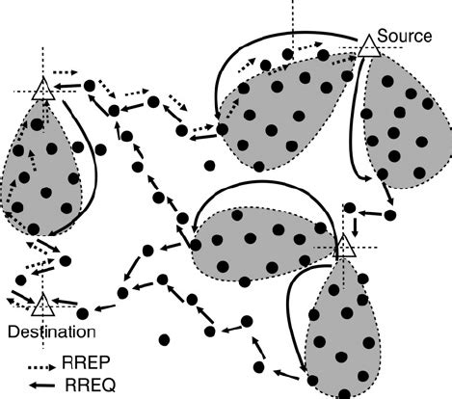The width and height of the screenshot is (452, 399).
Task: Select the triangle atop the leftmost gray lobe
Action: tap(41, 92)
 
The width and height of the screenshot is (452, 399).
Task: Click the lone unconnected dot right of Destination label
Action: tap(166, 339)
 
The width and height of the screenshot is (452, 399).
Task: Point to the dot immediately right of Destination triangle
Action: tap(83, 312)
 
